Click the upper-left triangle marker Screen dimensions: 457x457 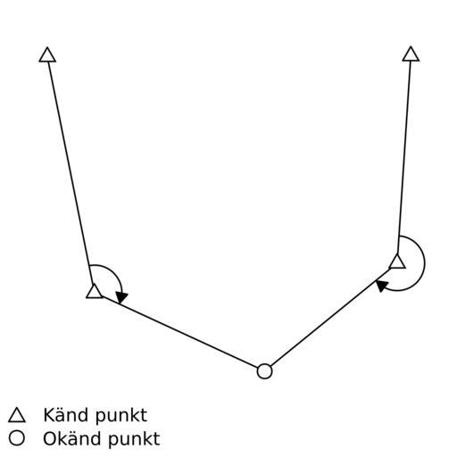click(x=47, y=55)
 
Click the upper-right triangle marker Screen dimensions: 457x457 click(x=411, y=54)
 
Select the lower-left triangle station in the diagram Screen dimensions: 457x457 click(x=95, y=292)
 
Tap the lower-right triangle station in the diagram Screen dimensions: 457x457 click(x=397, y=262)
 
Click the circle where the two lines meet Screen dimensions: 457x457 click(x=264, y=371)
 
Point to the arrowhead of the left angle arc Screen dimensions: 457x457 click(x=121, y=297)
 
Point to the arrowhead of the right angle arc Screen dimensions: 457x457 click(x=382, y=286)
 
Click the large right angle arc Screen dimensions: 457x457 click(x=424, y=262)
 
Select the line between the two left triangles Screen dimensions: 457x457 click(x=69, y=172)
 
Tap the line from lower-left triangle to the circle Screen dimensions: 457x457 click(x=180, y=332)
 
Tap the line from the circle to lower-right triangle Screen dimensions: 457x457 click(x=330, y=318)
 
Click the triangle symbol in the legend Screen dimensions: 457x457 click(x=17, y=415)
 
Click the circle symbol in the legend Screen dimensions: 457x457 click(x=17, y=438)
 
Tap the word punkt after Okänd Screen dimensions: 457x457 click(x=135, y=439)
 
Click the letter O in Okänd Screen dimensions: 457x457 click(x=50, y=439)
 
